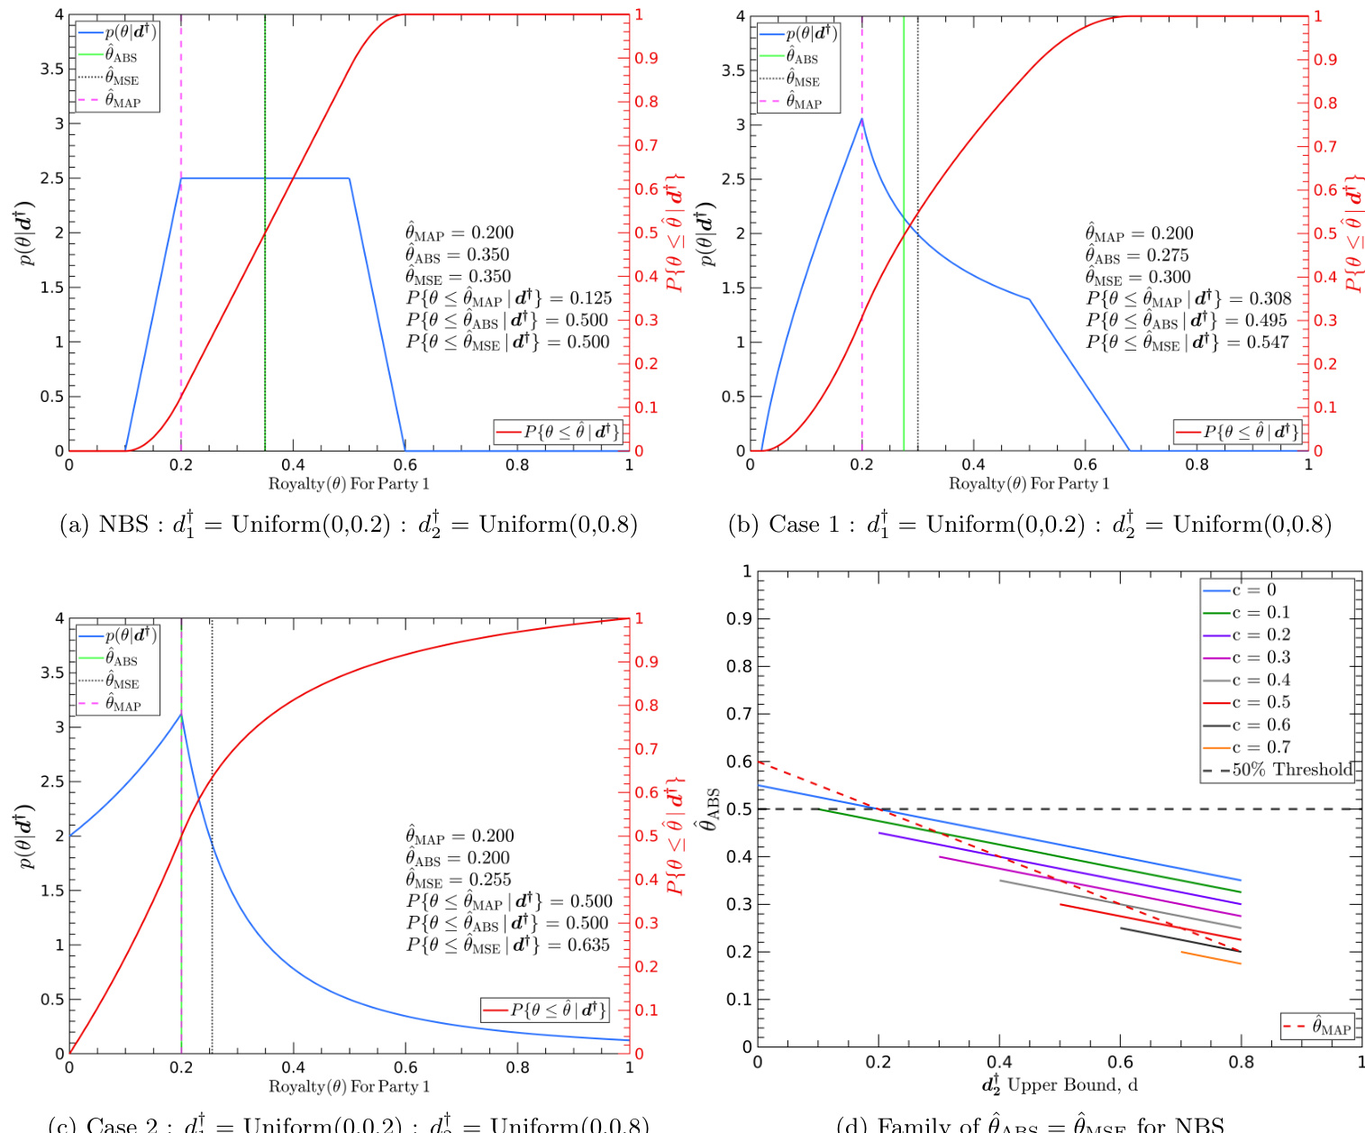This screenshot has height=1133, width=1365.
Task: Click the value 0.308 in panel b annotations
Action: coord(1269,298)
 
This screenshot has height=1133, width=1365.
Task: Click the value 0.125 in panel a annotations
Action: coord(590,298)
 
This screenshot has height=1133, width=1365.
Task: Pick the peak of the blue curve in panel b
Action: coord(862,119)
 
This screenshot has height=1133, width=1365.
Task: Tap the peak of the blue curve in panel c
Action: coord(181,715)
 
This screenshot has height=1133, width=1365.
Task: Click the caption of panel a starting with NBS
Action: coord(349,524)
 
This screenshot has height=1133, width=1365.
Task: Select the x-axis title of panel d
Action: coord(1060,1084)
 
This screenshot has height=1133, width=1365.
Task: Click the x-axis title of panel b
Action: coord(1029,484)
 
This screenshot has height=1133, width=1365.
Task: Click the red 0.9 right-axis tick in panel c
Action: coord(646,662)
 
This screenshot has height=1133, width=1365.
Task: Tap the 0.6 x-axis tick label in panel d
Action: coord(1120,1063)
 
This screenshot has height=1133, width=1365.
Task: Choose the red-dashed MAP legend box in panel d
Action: coord(1316,1027)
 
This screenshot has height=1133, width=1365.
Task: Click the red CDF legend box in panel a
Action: coord(559,433)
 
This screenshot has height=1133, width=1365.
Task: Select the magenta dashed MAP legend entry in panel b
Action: coord(801,102)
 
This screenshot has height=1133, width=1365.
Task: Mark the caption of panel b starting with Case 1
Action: coord(1030,524)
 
